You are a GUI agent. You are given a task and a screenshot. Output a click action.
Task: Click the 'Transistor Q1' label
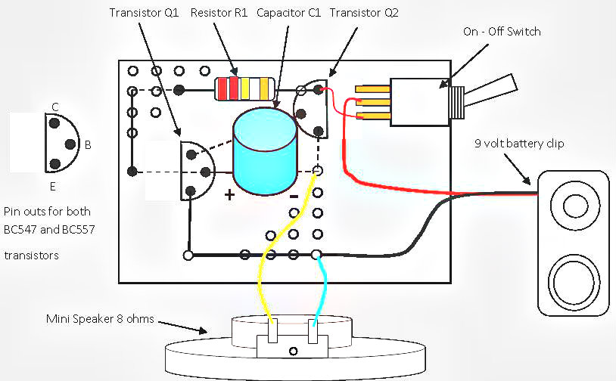click(144, 13)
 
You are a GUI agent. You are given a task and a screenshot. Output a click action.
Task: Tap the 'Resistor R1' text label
click(219, 13)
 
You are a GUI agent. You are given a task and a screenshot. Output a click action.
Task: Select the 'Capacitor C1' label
click(289, 13)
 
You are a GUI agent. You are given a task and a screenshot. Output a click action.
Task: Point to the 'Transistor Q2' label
click(364, 13)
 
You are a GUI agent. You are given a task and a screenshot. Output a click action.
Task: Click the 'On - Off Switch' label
click(502, 32)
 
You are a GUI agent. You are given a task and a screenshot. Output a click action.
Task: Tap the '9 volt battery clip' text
click(519, 144)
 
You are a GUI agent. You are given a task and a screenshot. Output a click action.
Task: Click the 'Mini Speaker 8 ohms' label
click(100, 318)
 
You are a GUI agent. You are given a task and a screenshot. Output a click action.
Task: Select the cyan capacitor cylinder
click(265, 151)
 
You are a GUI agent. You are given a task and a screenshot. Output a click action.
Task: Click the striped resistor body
click(244, 88)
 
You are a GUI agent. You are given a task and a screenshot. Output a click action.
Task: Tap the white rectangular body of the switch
click(420, 102)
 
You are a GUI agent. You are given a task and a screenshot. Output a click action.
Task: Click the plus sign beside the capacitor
click(229, 194)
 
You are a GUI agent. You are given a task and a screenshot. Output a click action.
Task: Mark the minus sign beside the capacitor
click(294, 197)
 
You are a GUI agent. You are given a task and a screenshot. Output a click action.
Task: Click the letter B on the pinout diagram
click(88, 145)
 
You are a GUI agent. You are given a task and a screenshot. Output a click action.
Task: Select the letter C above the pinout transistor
click(55, 107)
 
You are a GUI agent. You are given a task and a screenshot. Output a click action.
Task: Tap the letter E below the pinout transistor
click(53, 187)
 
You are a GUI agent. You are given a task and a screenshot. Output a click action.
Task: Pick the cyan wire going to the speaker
click(324, 287)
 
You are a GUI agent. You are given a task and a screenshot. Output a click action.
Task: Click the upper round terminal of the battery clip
click(575, 206)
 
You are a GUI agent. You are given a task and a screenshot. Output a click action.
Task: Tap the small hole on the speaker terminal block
click(293, 352)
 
